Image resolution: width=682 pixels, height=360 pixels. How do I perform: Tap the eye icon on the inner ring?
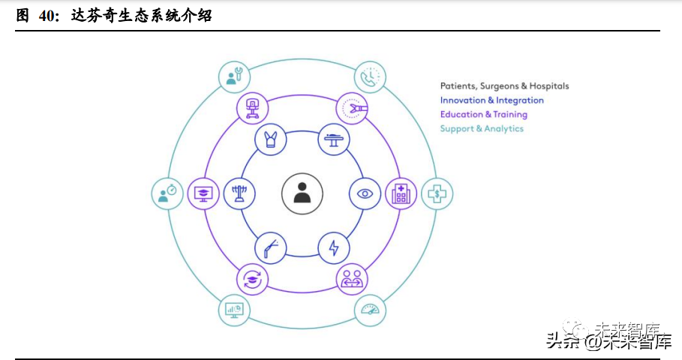tap(365, 193)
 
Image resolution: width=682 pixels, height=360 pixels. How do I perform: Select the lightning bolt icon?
tap(334, 247)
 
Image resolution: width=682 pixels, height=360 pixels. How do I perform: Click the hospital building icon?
tap(401, 193)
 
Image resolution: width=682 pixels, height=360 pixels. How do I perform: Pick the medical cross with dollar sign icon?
tap(436, 193)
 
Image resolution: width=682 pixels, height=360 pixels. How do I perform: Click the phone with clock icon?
tap(369, 76)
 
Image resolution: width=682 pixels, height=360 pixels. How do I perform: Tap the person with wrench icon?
tap(234, 76)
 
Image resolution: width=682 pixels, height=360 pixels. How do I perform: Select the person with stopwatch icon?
tap(167, 193)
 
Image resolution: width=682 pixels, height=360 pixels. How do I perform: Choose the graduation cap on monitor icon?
tap(203, 193)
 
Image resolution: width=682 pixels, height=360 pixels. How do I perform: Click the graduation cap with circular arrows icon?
tap(253, 279)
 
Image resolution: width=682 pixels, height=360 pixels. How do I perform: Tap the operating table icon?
tap(334, 139)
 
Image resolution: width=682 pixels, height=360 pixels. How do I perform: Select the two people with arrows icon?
tap(351, 279)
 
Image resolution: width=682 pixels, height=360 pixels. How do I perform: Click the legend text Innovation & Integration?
tap(491, 100)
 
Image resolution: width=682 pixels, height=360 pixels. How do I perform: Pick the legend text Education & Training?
tap(483, 115)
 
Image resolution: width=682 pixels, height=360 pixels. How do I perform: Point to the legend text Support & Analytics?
tap(482, 129)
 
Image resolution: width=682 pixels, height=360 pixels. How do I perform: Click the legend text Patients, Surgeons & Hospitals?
tap(504, 86)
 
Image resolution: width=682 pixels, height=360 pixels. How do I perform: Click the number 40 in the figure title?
tap(46, 16)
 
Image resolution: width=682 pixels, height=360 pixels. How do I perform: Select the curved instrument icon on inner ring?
tap(270, 247)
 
